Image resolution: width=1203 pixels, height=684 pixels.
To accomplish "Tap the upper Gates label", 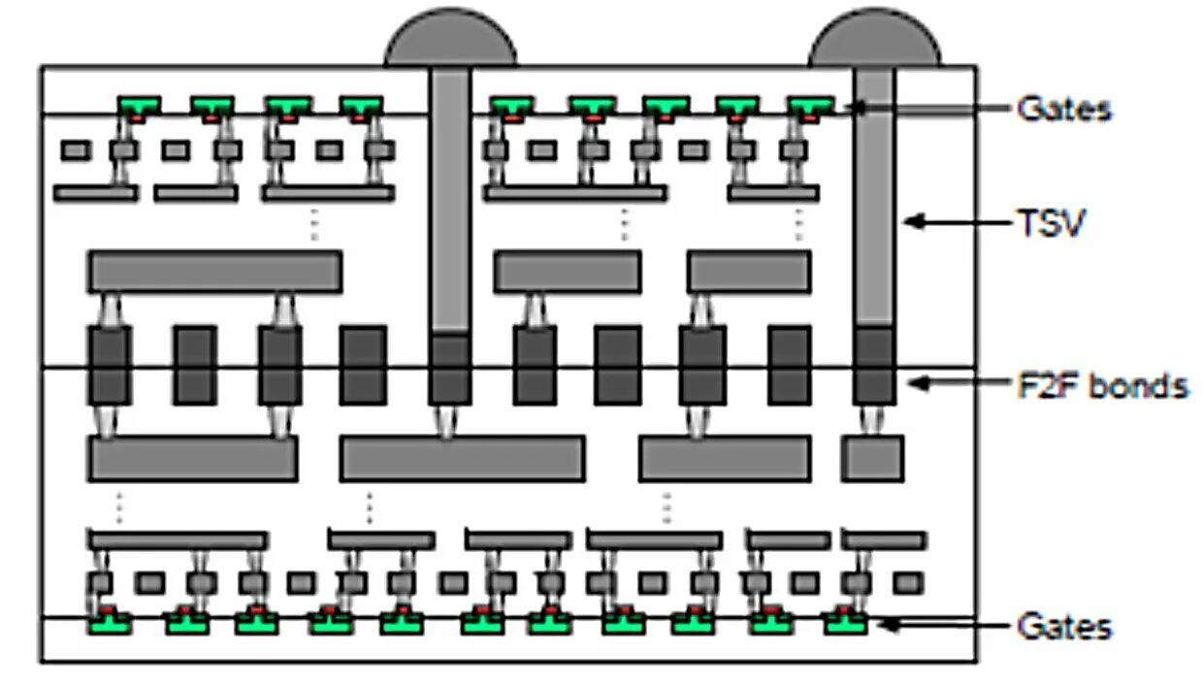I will [1064, 108].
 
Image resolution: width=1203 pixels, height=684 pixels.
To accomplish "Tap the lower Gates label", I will [1064, 626].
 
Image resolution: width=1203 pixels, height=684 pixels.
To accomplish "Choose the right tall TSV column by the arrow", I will [874, 194].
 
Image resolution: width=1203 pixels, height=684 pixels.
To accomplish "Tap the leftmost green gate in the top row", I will [140, 104].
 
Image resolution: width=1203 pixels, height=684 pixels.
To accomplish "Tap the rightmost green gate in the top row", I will [810, 104].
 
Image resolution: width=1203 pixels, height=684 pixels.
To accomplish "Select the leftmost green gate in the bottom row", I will [110, 623].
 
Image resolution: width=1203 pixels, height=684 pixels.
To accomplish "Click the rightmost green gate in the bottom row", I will [845, 623].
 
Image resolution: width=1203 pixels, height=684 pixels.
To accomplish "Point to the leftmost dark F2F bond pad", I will [109, 365].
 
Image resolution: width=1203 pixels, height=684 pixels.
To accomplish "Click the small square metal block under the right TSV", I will [872, 458].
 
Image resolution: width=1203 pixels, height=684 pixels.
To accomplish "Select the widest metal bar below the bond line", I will [462, 458].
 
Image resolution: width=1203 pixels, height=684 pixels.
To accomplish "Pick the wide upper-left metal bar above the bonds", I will [214, 272].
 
